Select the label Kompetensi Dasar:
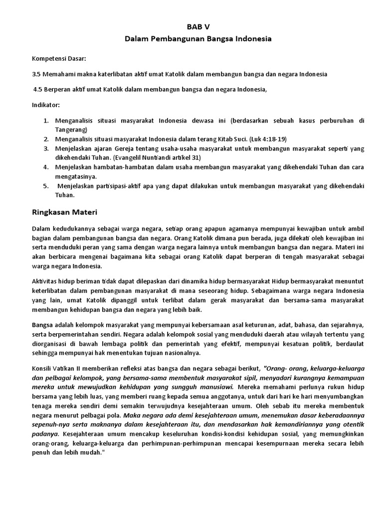(59, 58)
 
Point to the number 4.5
(38, 90)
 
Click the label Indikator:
(46, 106)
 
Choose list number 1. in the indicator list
(46, 121)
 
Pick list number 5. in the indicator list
(45, 186)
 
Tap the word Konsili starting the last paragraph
(43, 369)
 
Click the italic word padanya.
(45, 434)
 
